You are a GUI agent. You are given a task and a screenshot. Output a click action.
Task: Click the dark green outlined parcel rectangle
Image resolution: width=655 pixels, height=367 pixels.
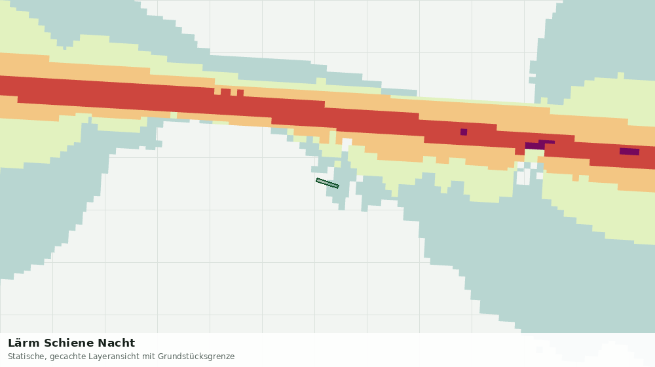click(x=327, y=183)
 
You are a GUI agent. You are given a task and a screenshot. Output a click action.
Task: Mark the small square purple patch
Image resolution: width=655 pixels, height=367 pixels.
click(x=464, y=132)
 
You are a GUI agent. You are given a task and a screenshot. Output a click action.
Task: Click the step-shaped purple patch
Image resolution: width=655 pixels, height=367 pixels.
click(x=539, y=145)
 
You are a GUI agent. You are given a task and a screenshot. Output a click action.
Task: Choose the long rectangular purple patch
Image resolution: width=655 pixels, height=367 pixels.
click(x=629, y=151)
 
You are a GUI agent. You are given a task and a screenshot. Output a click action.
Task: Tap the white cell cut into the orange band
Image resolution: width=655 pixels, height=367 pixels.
click(x=346, y=145)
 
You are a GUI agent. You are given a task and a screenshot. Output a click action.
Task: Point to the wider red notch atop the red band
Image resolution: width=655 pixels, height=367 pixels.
click(x=225, y=92)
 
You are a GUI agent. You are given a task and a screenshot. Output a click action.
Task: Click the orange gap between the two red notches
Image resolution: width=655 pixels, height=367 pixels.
click(x=234, y=92)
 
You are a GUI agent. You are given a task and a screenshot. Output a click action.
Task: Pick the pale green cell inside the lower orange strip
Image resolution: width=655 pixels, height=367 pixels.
click(x=174, y=115)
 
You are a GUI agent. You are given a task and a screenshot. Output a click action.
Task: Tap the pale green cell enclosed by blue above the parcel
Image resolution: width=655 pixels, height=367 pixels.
click(x=290, y=132)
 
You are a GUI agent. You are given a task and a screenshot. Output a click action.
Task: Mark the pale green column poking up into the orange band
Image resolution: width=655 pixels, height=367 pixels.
click(x=333, y=138)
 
